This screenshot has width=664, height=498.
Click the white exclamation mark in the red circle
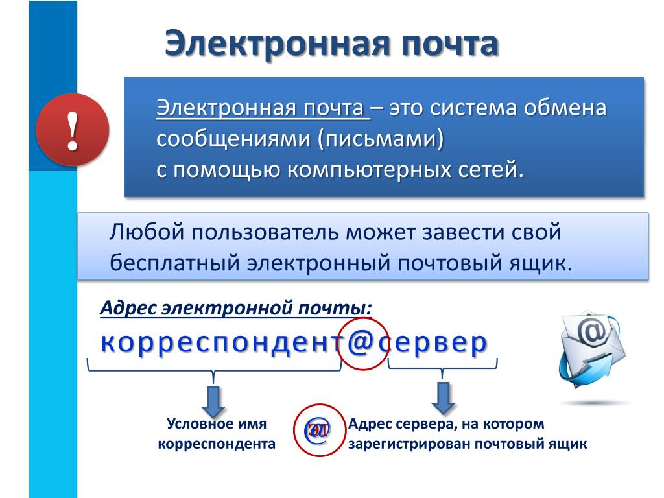[73, 131]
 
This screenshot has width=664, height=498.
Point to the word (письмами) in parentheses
[381, 139]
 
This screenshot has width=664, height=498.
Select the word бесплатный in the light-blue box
[174, 263]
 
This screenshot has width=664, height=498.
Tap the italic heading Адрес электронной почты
[236, 308]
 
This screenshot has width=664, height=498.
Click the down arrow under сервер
[443, 398]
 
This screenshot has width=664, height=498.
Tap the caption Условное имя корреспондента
[217, 433]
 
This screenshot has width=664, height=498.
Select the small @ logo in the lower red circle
[318, 431]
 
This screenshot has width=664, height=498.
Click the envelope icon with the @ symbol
[593, 348]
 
